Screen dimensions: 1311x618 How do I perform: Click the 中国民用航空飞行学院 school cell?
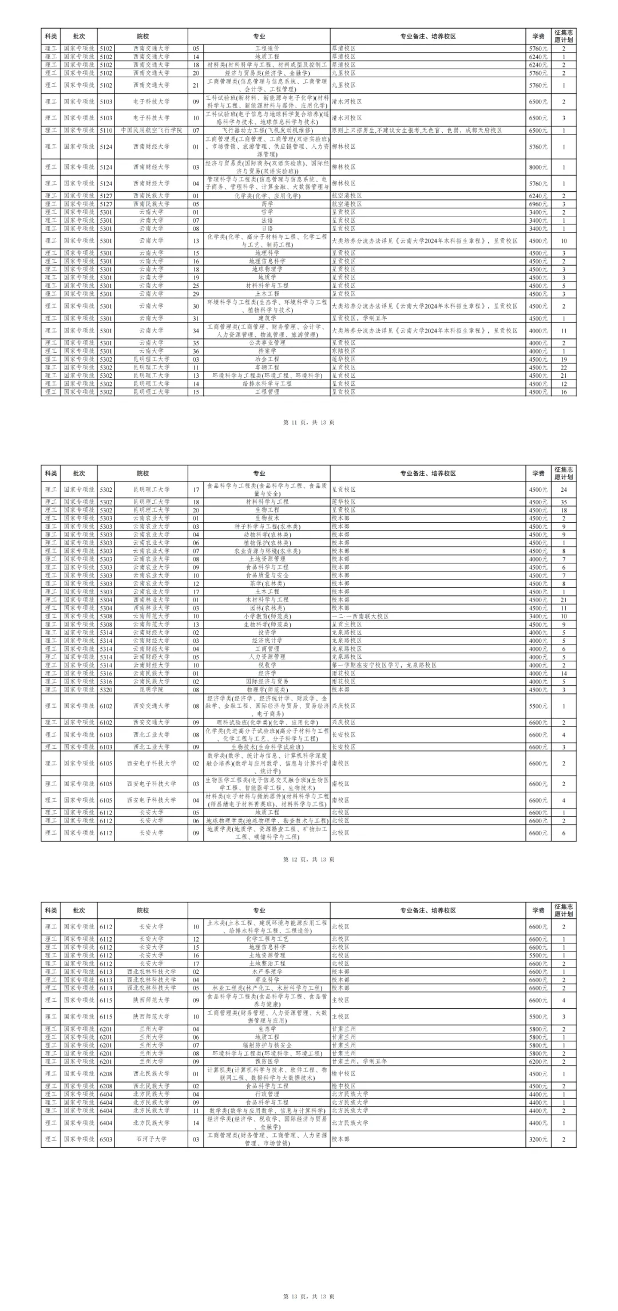tap(151, 131)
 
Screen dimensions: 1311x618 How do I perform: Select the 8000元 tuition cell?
tap(538, 167)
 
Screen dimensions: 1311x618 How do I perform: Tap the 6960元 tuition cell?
tap(538, 204)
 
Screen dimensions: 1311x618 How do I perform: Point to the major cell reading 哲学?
tap(267, 212)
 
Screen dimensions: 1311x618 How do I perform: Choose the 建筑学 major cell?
tap(267, 318)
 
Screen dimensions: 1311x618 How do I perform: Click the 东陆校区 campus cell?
tap(344, 351)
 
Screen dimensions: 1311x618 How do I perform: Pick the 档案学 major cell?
tap(267, 351)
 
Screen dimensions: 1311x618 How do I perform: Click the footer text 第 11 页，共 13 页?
tap(309, 422)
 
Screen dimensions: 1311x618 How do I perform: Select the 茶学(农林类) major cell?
tap(267, 583)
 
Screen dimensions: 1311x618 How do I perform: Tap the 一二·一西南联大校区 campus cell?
tap(360, 616)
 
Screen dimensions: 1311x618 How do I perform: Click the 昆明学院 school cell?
tap(151, 690)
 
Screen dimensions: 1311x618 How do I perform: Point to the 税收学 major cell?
tap(267, 665)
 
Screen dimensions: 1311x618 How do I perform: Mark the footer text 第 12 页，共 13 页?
tap(309, 859)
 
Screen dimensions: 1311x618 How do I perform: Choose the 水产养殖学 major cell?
tap(267, 972)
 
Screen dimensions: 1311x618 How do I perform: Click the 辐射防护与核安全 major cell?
tap(267, 1045)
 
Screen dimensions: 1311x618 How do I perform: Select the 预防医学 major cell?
tap(267, 1061)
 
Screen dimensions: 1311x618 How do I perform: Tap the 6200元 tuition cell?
tap(538, 1061)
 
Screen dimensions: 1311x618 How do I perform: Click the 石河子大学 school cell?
tap(151, 1139)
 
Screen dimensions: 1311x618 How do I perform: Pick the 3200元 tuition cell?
tap(538, 1139)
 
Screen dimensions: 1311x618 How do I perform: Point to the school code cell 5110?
tap(106, 131)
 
